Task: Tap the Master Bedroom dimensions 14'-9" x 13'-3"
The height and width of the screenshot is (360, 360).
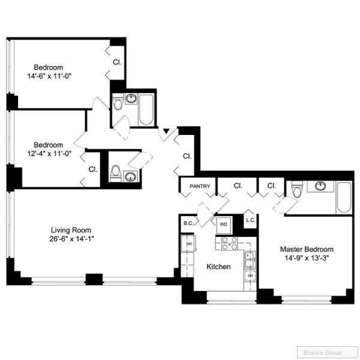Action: point(307,259)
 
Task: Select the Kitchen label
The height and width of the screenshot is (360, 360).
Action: point(218,266)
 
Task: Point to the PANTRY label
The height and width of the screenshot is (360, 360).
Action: point(200,187)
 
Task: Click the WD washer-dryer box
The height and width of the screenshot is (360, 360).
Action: point(223,224)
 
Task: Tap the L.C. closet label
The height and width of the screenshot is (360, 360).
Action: point(251,220)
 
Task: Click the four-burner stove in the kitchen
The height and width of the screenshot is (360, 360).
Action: point(229,243)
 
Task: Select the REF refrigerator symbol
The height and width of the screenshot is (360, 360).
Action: point(189,245)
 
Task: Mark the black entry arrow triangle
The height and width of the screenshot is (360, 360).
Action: point(166,131)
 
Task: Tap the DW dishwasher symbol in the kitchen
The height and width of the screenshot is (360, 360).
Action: point(250,275)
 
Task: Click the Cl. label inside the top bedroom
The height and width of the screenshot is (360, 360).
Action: point(118,62)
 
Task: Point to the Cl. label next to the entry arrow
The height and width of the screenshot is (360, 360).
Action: point(187,156)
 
